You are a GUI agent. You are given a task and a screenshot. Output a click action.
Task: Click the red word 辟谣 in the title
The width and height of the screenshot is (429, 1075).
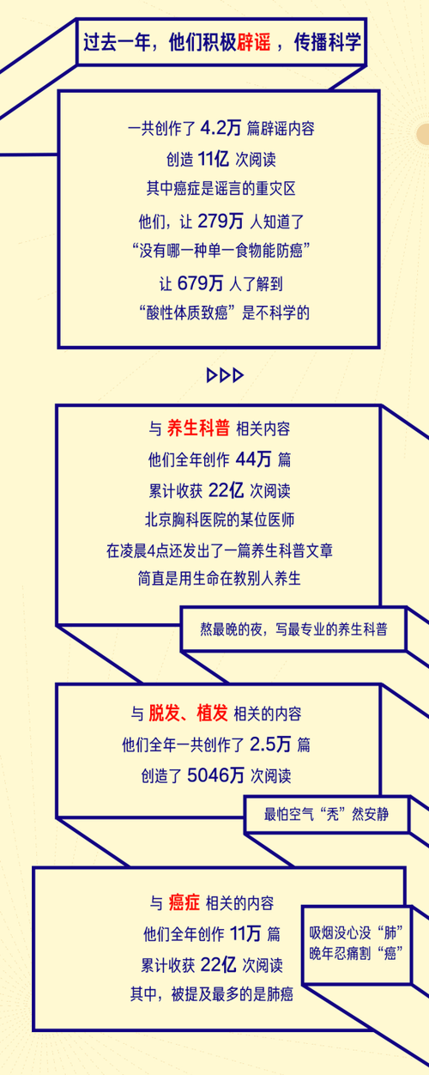(254, 43)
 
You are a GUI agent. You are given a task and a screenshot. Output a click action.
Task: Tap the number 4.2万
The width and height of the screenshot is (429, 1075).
(221, 128)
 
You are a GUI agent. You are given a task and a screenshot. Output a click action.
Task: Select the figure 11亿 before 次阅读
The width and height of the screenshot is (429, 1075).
(214, 159)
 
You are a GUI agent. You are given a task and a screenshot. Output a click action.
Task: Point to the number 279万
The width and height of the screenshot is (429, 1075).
(221, 221)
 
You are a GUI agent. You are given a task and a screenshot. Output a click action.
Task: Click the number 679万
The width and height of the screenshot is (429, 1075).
(201, 282)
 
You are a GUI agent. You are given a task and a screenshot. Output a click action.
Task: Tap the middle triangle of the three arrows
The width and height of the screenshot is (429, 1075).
(225, 375)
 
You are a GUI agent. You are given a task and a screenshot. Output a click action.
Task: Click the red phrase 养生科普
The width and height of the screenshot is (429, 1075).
(198, 428)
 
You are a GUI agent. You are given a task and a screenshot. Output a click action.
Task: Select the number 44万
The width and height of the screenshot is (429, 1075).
(254, 459)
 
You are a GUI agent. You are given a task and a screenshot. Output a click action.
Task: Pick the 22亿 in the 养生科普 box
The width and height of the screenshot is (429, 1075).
(227, 490)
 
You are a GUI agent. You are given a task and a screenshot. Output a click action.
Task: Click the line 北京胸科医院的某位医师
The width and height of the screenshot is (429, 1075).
(220, 519)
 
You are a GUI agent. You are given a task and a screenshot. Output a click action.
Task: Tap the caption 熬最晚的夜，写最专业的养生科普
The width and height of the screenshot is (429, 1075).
(293, 629)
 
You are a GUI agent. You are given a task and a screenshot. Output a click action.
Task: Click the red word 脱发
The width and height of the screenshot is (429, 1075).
(164, 714)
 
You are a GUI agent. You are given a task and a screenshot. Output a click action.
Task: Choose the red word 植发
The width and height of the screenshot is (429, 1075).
(212, 714)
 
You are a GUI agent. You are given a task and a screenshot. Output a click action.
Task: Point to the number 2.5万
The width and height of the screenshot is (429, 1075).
(270, 744)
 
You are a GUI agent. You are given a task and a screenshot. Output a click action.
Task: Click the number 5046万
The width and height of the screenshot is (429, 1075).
(215, 775)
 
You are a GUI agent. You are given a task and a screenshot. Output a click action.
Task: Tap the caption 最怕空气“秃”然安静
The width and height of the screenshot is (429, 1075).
(326, 814)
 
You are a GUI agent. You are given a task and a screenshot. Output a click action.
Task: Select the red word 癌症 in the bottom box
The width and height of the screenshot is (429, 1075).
(184, 902)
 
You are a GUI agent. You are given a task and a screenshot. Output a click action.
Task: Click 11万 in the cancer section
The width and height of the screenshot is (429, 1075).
(245, 933)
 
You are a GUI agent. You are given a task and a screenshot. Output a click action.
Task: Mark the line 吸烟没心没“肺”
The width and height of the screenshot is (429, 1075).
(356, 932)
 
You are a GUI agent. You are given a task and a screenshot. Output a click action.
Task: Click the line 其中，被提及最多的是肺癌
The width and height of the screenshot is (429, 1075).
(212, 994)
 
